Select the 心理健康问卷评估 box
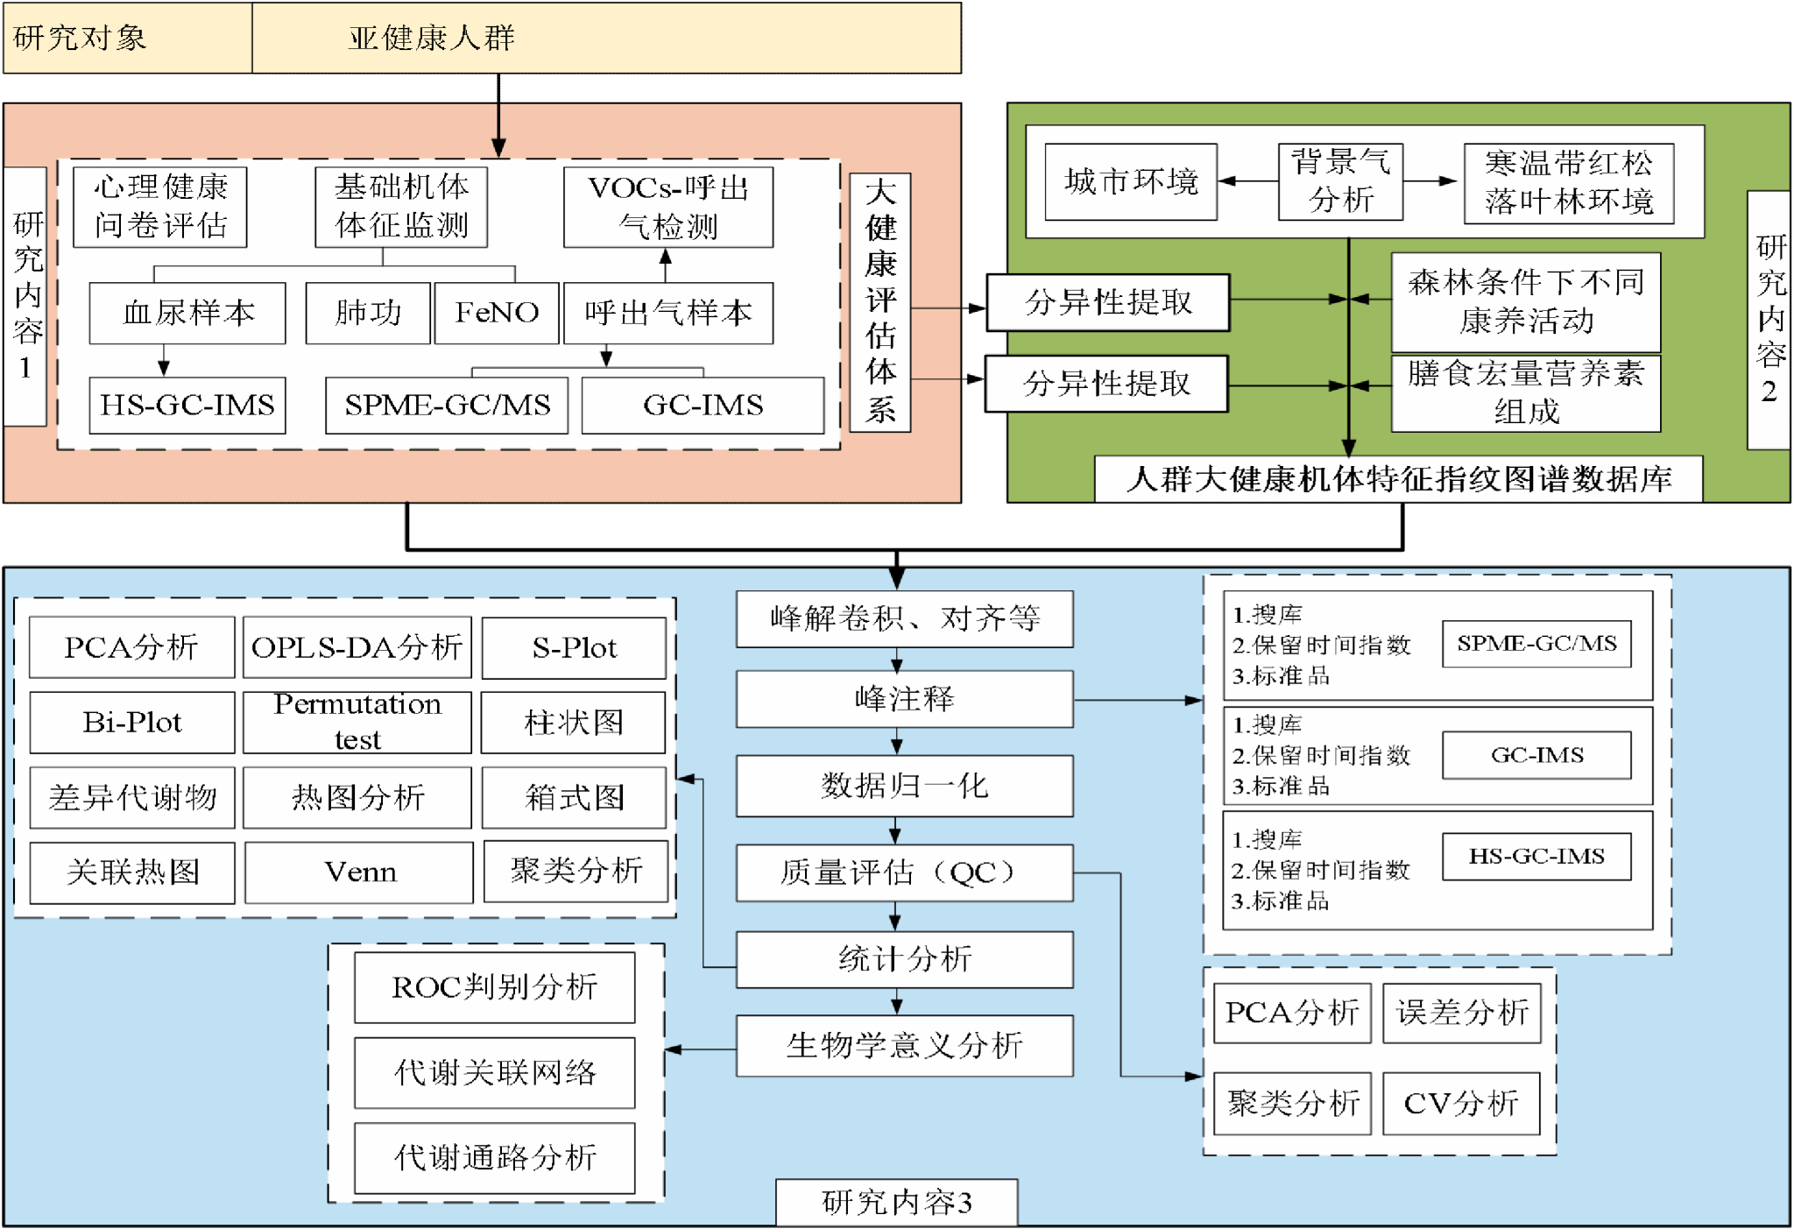[x=159, y=207]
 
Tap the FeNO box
[x=496, y=313]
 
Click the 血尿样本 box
[x=187, y=313]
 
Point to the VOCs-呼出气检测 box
[x=667, y=207]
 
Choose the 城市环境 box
[x=1130, y=181]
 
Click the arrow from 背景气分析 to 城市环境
[x=1247, y=181]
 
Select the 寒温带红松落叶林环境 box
[x=1568, y=183]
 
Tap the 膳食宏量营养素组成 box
[x=1525, y=393]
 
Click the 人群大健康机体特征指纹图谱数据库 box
[x=1398, y=479]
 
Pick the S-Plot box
[x=574, y=647]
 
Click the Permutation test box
[x=357, y=722]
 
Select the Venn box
[x=359, y=872]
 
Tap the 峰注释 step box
[x=904, y=699]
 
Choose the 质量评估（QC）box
[x=904, y=872]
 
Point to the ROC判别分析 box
[x=494, y=987]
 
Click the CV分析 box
[x=1461, y=1103]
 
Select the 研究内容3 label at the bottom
[x=896, y=1202]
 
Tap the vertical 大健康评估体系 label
[x=880, y=302]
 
